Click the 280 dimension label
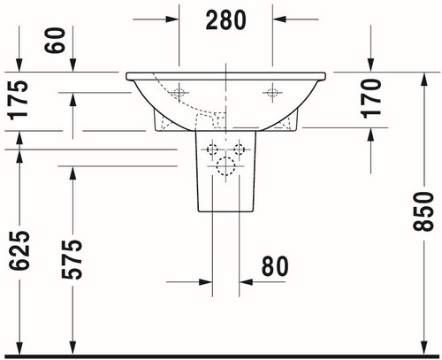click(x=225, y=20)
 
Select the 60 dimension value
click(x=55, y=41)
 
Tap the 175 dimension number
click(x=19, y=100)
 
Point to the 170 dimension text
click(x=371, y=98)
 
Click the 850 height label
click(x=423, y=211)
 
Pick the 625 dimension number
click(x=19, y=250)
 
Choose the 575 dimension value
click(x=72, y=259)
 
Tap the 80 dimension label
click(x=275, y=266)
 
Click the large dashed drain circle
click(x=225, y=166)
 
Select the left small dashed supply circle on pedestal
click(x=212, y=149)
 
